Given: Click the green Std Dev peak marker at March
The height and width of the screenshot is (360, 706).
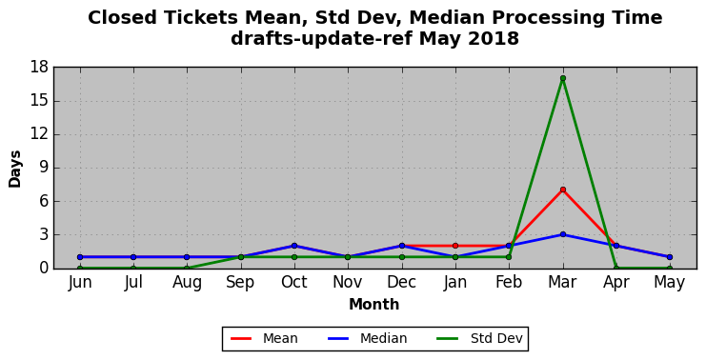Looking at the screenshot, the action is [563, 78].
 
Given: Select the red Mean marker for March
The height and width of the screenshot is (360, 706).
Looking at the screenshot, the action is [563, 190].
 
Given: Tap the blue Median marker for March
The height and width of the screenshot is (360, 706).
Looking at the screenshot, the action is [563, 234].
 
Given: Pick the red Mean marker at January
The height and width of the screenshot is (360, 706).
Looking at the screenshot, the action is [455, 246].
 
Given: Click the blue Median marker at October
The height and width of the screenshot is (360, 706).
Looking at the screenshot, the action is [294, 246].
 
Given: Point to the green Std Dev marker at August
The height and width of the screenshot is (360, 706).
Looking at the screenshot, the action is [187, 269].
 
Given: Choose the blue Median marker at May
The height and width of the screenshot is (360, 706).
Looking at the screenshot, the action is [670, 257].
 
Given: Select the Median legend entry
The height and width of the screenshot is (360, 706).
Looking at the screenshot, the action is [367, 338].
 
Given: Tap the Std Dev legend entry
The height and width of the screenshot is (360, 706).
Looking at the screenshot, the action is [480, 338].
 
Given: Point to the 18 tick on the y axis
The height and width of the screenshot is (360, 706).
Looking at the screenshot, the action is [39, 68].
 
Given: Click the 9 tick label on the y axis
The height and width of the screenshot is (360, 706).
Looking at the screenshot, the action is [44, 168].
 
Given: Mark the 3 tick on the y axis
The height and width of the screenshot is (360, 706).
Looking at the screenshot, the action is [44, 235].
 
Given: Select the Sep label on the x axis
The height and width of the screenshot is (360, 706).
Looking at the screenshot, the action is [240, 283].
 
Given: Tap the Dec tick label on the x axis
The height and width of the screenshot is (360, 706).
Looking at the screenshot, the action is [401, 283].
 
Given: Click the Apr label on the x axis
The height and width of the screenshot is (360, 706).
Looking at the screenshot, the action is [615, 283].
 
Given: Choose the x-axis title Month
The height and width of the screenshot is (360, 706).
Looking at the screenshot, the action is [374, 305].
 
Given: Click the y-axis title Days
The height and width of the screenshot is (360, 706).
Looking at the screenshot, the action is [15, 169].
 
